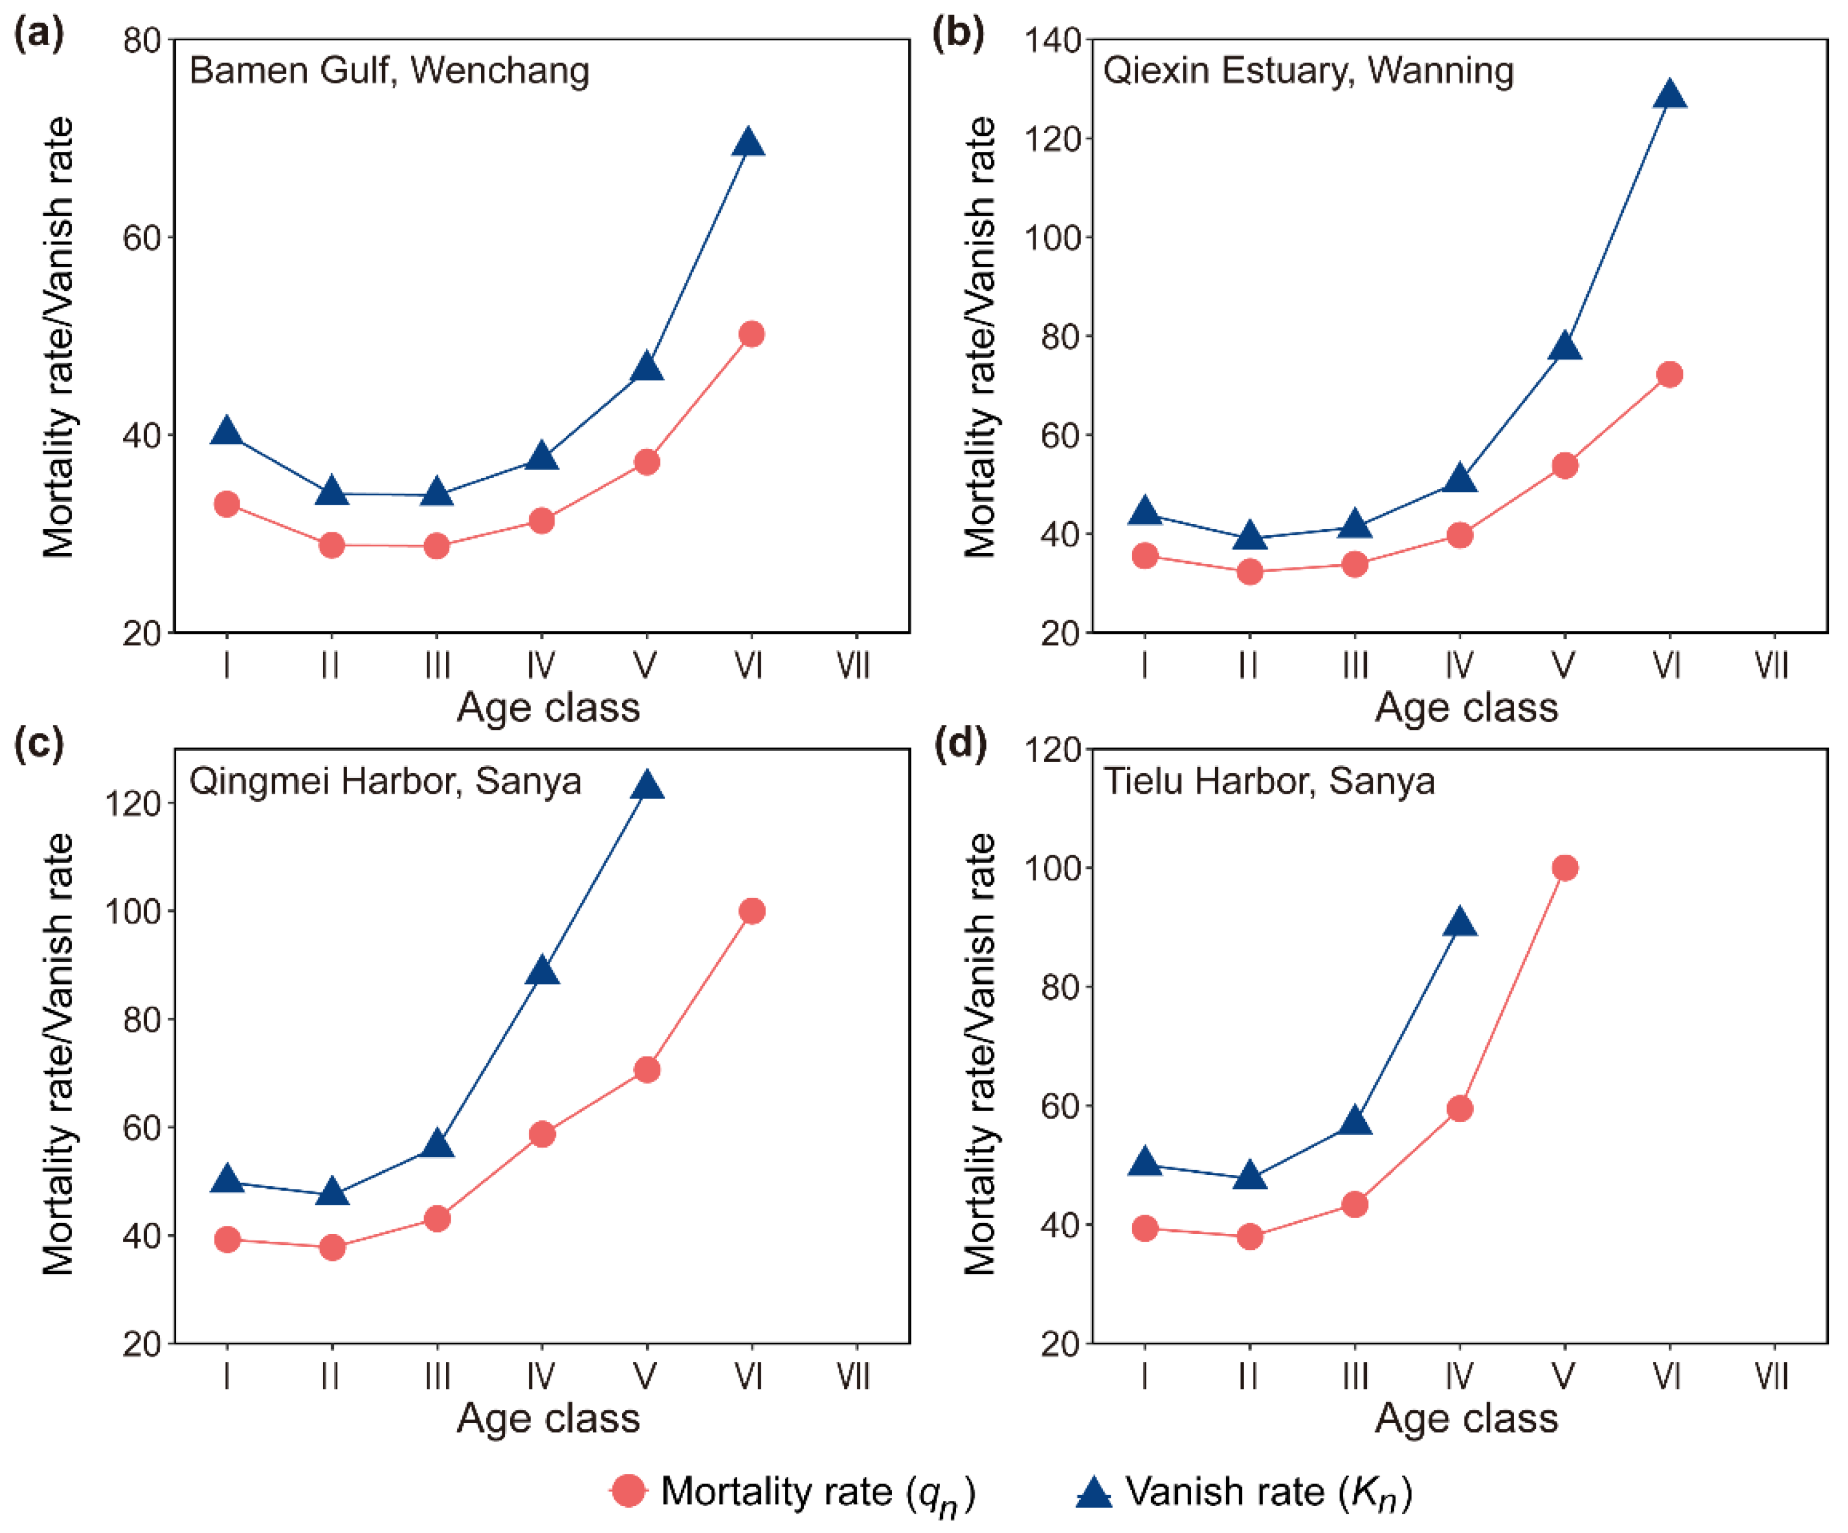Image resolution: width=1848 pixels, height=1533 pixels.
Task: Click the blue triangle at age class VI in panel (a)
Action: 749,142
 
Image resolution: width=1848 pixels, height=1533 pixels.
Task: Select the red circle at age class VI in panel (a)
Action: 751,334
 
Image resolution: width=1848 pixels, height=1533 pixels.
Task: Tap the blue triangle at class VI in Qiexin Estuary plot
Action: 1669,95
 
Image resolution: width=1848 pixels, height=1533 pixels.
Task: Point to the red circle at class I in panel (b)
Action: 1145,555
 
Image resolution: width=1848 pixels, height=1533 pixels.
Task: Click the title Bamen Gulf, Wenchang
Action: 389,70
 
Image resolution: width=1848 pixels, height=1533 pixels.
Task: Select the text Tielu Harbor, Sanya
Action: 1269,781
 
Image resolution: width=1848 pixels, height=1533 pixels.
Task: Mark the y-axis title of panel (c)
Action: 58,1053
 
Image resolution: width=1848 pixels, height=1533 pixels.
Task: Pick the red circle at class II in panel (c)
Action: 332,1247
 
